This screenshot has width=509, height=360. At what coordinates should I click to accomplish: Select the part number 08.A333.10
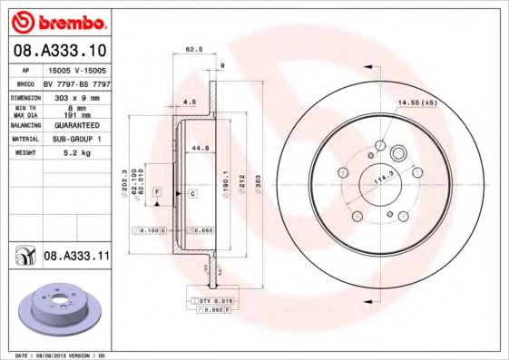(60, 51)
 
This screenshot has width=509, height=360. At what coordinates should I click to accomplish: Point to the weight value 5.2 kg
(76, 152)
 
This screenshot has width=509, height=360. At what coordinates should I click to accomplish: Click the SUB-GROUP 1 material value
(76, 139)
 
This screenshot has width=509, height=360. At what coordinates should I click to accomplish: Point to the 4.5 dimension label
(190, 102)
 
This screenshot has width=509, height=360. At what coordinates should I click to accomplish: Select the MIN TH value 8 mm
(76, 108)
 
